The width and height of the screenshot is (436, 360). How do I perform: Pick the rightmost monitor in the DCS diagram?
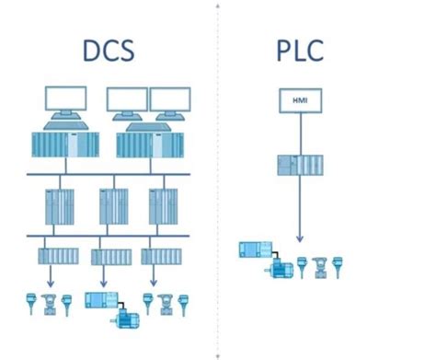pyautogui.click(x=170, y=100)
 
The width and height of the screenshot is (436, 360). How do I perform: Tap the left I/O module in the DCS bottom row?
pyautogui.click(x=52, y=255)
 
